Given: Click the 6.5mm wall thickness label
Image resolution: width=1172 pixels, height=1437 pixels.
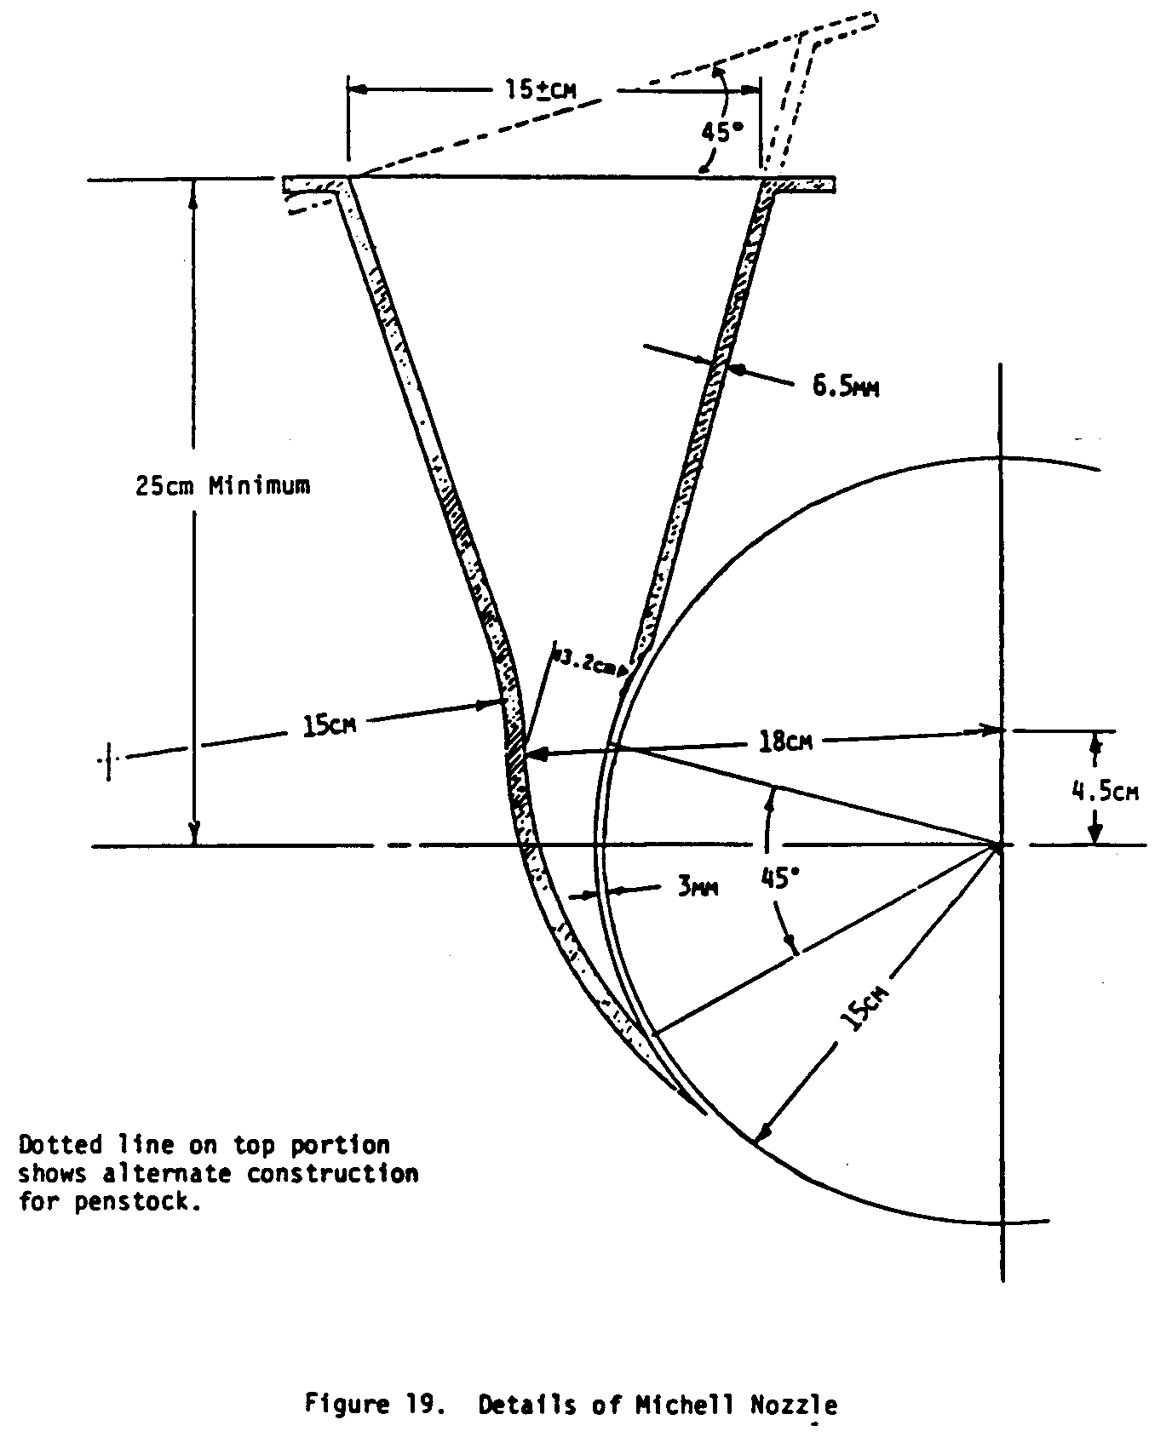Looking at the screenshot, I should tap(845, 387).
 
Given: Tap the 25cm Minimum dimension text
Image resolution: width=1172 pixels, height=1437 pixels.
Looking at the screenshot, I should tap(223, 486).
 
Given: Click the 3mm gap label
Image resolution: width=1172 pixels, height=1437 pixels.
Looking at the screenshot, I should tap(698, 888).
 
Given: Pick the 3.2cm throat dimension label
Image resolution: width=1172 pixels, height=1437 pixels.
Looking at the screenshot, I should tap(586, 662).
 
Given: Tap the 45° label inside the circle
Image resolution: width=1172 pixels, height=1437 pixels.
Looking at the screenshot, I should tap(782, 876).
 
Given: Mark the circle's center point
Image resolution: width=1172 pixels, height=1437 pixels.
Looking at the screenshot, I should tap(1002, 845).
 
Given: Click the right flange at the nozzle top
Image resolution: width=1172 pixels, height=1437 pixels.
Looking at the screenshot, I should tap(801, 185).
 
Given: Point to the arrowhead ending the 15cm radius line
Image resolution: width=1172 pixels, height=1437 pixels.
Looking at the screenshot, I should tap(763, 1133).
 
